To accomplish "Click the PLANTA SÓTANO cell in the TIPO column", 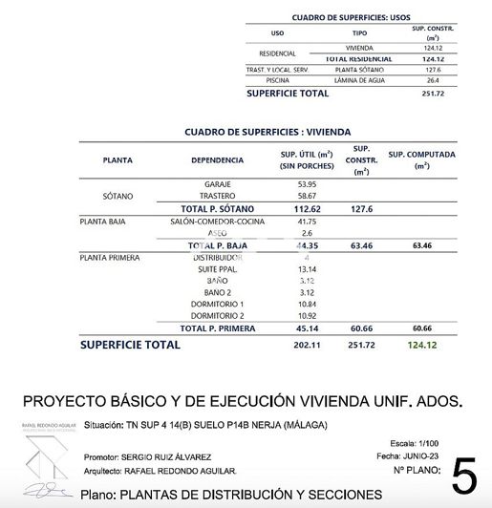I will pyautogui.click(x=358, y=70).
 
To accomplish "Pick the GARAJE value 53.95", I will pyautogui.click(x=307, y=183).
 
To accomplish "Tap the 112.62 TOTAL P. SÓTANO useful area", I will pyautogui.click(x=306, y=208).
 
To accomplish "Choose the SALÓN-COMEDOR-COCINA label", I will pyautogui.click(x=217, y=221).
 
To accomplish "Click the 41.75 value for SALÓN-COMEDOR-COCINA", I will pyautogui.click(x=307, y=221).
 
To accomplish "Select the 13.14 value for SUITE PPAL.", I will pyautogui.click(x=307, y=269).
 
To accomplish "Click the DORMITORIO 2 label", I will pyautogui.click(x=218, y=315).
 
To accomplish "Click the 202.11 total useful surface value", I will pyautogui.click(x=306, y=344).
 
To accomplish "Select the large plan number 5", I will pyautogui.click(x=465, y=475).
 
